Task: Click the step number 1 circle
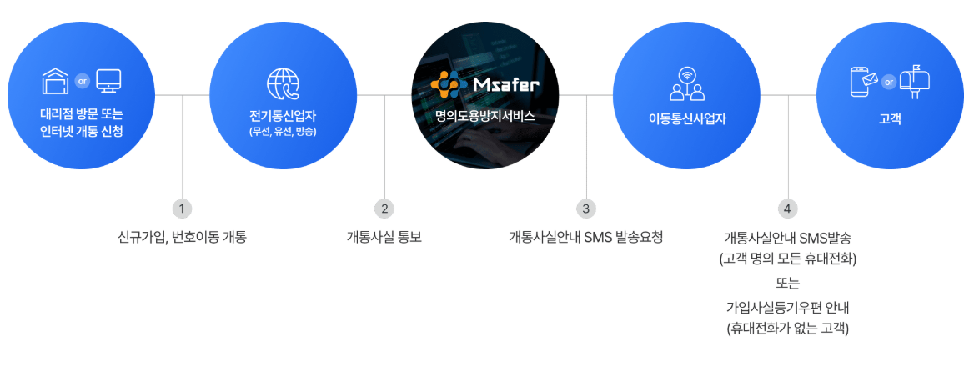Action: (x=182, y=209)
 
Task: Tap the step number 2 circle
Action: (x=384, y=209)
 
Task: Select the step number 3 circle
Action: (x=586, y=209)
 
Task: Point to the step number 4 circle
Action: (x=788, y=209)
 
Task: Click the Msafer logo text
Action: (x=505, y=84)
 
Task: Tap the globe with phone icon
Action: (x=283, y=84)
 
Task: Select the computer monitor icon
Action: (x=108, y=82)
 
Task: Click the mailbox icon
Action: (x=915, y=81)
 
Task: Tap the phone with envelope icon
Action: (x=864, y=82)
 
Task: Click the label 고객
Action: (x=889, y=118)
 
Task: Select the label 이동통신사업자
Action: (x=687, y=118)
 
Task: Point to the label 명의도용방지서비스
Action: (x=484, y=116)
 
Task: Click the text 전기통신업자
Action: (x=283, y=116)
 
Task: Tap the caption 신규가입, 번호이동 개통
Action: (x=182, y=237)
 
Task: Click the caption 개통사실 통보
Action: (x=384, y=237)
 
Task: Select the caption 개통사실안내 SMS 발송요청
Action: (x=586, y=237)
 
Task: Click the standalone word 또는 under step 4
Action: (x=788, y=283)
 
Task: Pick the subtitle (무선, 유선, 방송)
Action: (x=283, y=132)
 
